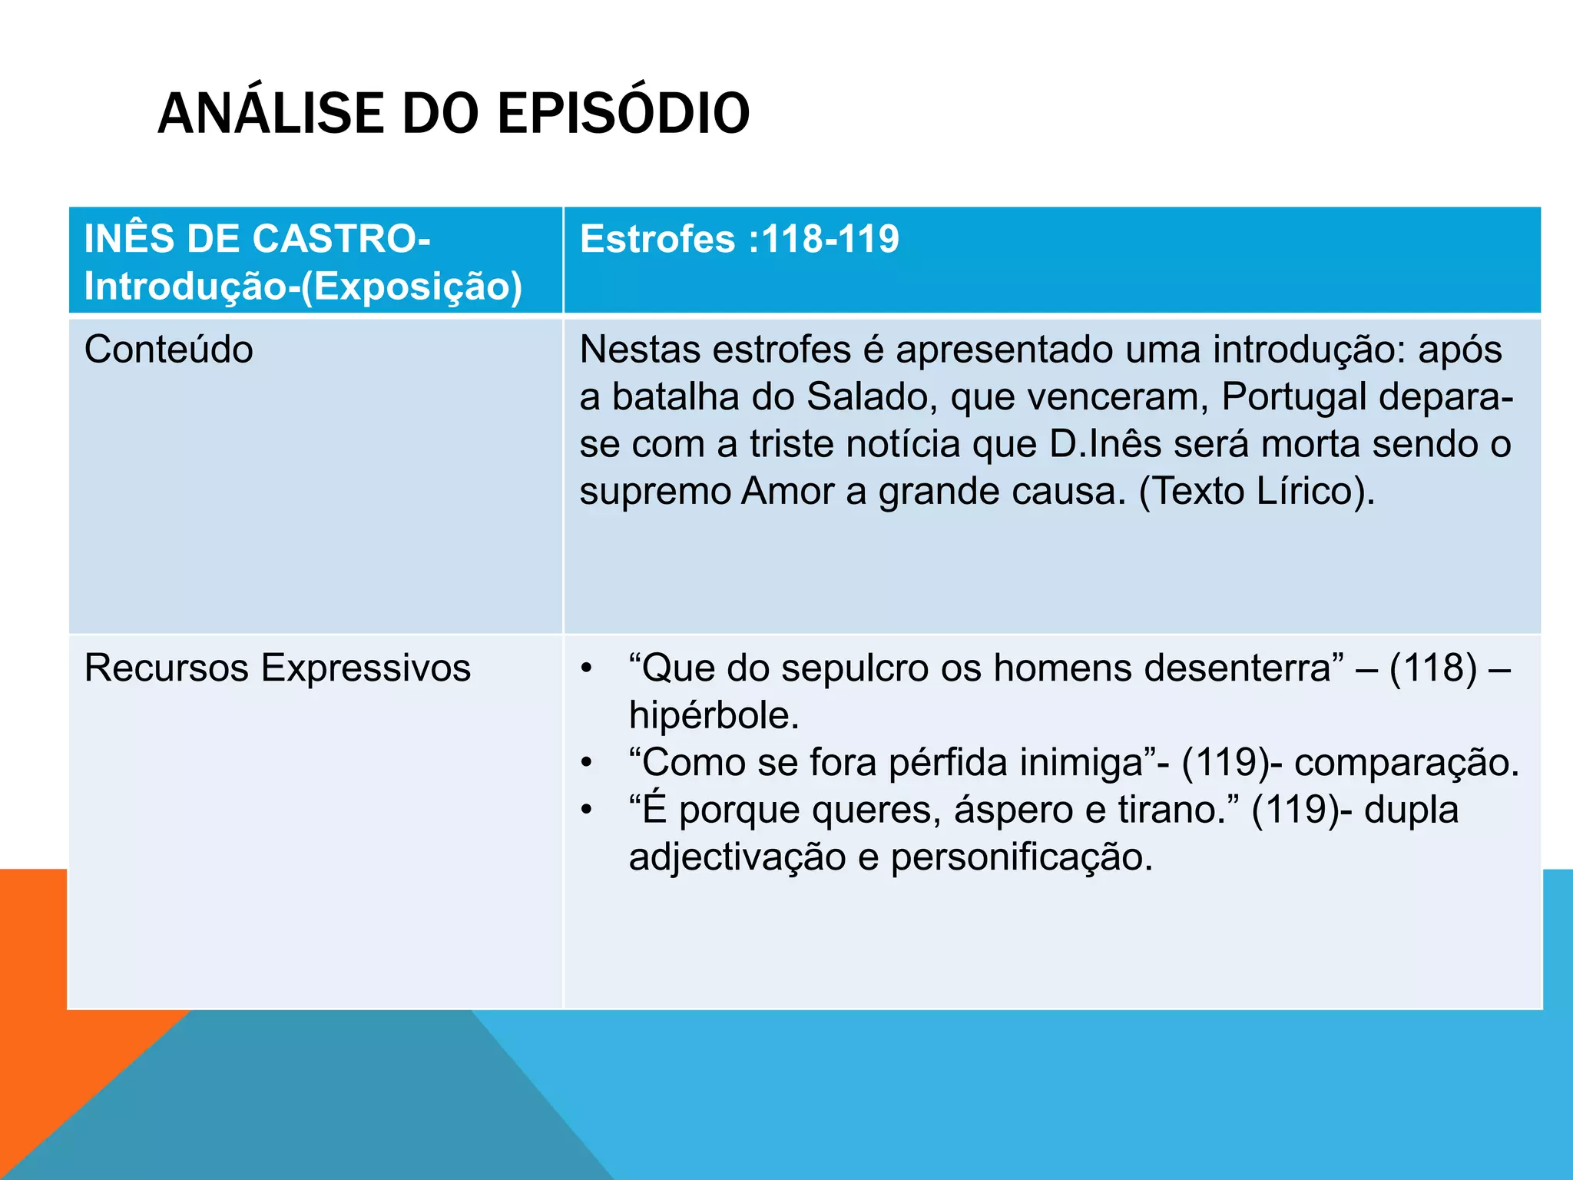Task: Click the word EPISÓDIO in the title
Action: point(623,113)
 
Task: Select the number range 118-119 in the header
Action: point(830,238)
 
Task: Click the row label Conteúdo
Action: point(169,350)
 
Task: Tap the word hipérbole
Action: point(713,715)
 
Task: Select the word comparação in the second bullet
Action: point(1405,762)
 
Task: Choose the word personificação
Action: point(1021,857)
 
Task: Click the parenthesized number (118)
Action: point(1433,668)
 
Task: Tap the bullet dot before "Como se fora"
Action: point(587,763)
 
